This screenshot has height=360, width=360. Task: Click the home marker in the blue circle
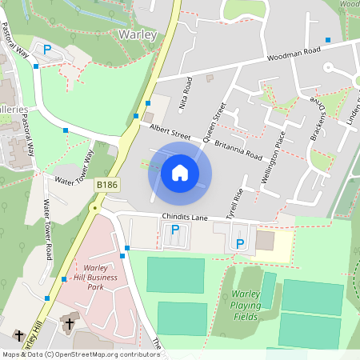coord(180,172)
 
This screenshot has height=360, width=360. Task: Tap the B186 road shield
coord(106,185)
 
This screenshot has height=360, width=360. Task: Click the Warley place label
coord(137,34)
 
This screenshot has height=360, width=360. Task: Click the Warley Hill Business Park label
coord(95,277)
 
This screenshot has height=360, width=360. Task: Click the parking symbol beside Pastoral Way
coord(47,50)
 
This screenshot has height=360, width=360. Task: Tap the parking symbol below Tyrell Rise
coord(239,243)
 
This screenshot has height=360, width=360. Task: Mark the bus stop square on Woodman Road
coord(327,39)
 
